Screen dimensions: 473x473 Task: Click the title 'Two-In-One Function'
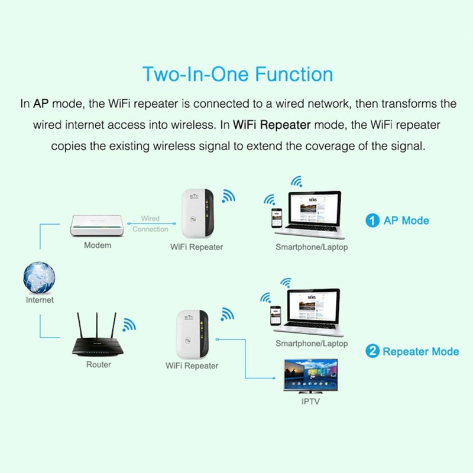coord(237,74)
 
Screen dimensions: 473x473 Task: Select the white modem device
coord(98,225)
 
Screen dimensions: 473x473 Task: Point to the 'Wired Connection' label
coord(150,223)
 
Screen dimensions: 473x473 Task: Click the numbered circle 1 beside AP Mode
coord(372,221)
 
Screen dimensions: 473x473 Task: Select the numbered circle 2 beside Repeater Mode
coord(372,351)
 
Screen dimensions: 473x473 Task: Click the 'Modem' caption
coord(98,245)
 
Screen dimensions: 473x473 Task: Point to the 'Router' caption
coord(99,365)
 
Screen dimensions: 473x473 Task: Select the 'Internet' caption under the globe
coord(40,300)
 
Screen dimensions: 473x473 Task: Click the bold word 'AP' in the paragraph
coord(40,104)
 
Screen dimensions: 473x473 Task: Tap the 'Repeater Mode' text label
coord(420,351)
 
